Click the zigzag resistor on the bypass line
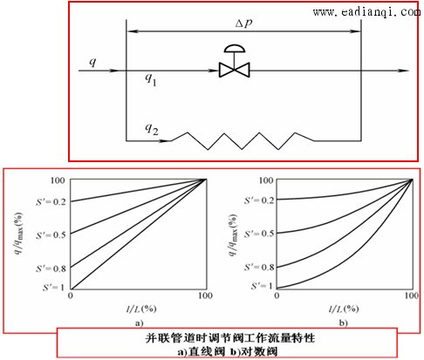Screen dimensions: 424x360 pyautogui.click(x=243, y=141)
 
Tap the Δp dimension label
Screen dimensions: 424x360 pyautogui.click(x=243, y=24)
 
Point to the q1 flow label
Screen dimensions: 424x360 pyautogui.click(x=151, y=79)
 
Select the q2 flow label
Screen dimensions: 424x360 pyautogui.click(x=152, y=129)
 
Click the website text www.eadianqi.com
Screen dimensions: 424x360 pyautogui.click(x=366, y=12)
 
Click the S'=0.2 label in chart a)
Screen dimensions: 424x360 pyautogui.click(x=51, y=201)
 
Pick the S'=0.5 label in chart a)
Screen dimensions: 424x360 pyautogui.click(x=51, y=234)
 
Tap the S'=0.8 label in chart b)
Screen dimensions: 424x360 pyautogui.click(x=259, y=267)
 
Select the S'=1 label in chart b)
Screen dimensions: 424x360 pyautogui.click(x=262, y=286)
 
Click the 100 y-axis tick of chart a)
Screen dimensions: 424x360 pyautogui.click(x=58, y=180)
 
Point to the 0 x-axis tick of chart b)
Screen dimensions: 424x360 pyautogui.click(x=277, y=295)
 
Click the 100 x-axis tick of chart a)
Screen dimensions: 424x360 pyautogui.click(x=205, y=295)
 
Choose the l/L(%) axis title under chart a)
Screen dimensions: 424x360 pyautogui.click(x=141, y=309)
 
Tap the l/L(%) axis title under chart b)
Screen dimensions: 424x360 pyautogui.click(x=344, y=309)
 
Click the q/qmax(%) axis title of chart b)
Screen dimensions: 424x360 pyautogui.click(x=233, y=235)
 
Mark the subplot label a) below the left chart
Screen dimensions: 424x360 pyautogui.click(x=140, y=323)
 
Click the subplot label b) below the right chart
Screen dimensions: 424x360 pyautogui.click(x=344, y=323)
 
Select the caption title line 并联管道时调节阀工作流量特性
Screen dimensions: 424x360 pyautogui.click(x=229, y=338)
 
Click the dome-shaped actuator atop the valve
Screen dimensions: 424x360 pyautogui.click(x=235, y=49)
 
